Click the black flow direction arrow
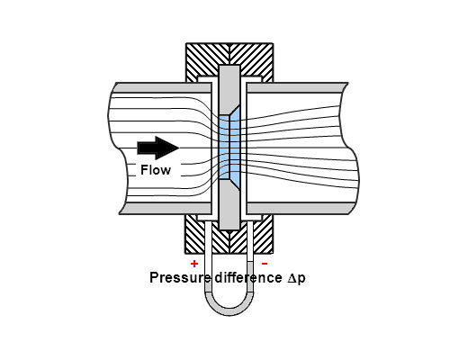[157, 148]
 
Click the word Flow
[156, 170]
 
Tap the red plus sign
[194, 264]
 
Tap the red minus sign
[265, 264]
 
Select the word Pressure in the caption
[179, 277]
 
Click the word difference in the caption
[248, 277]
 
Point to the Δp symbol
[296, 278]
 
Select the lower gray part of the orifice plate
[229, 207]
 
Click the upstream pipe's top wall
[162, 87]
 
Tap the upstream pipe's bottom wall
[166, 209]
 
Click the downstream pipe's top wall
[296, 87]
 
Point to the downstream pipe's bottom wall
[300, 209]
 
